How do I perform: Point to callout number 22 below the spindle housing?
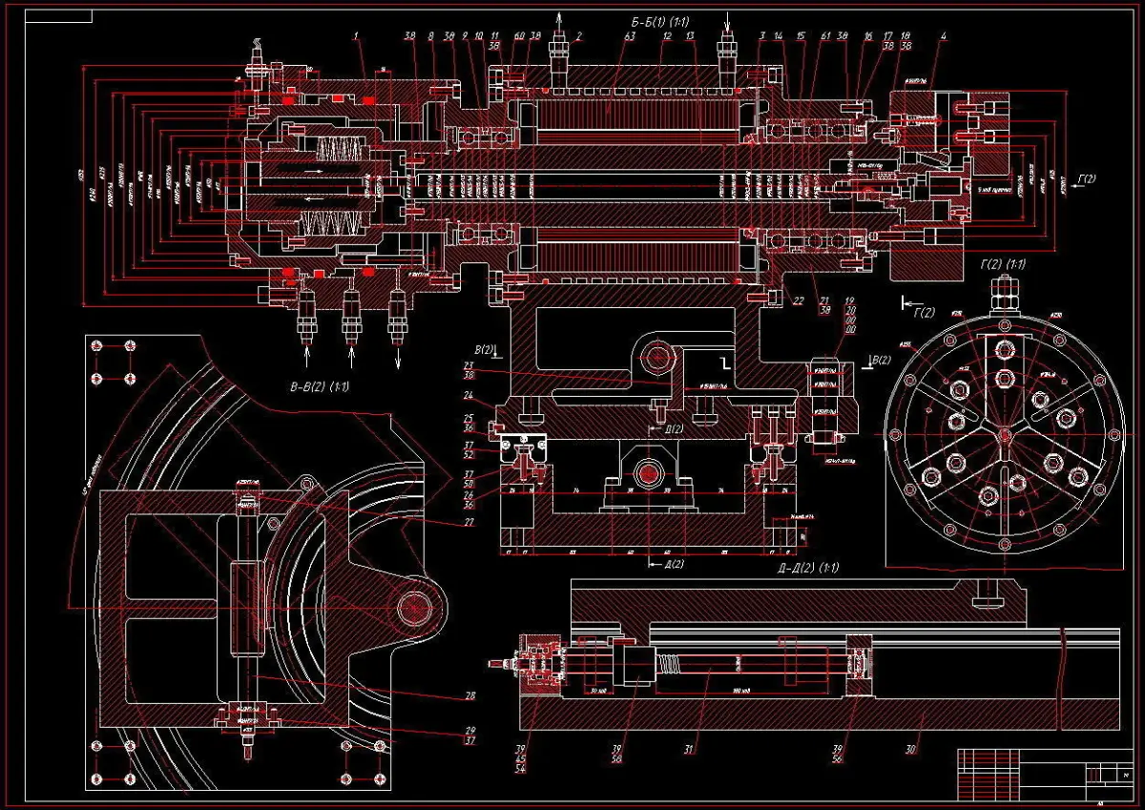tap(798, 301)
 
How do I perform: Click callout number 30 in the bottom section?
tap(909, 750)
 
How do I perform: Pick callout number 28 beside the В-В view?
tap(469, 696)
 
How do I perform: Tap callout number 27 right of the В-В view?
tap(468, 522)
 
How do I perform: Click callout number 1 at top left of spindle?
tap(356, 36)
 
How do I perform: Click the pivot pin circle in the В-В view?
tap(415, 607)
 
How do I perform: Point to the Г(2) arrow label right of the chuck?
tap(1086, 179)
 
